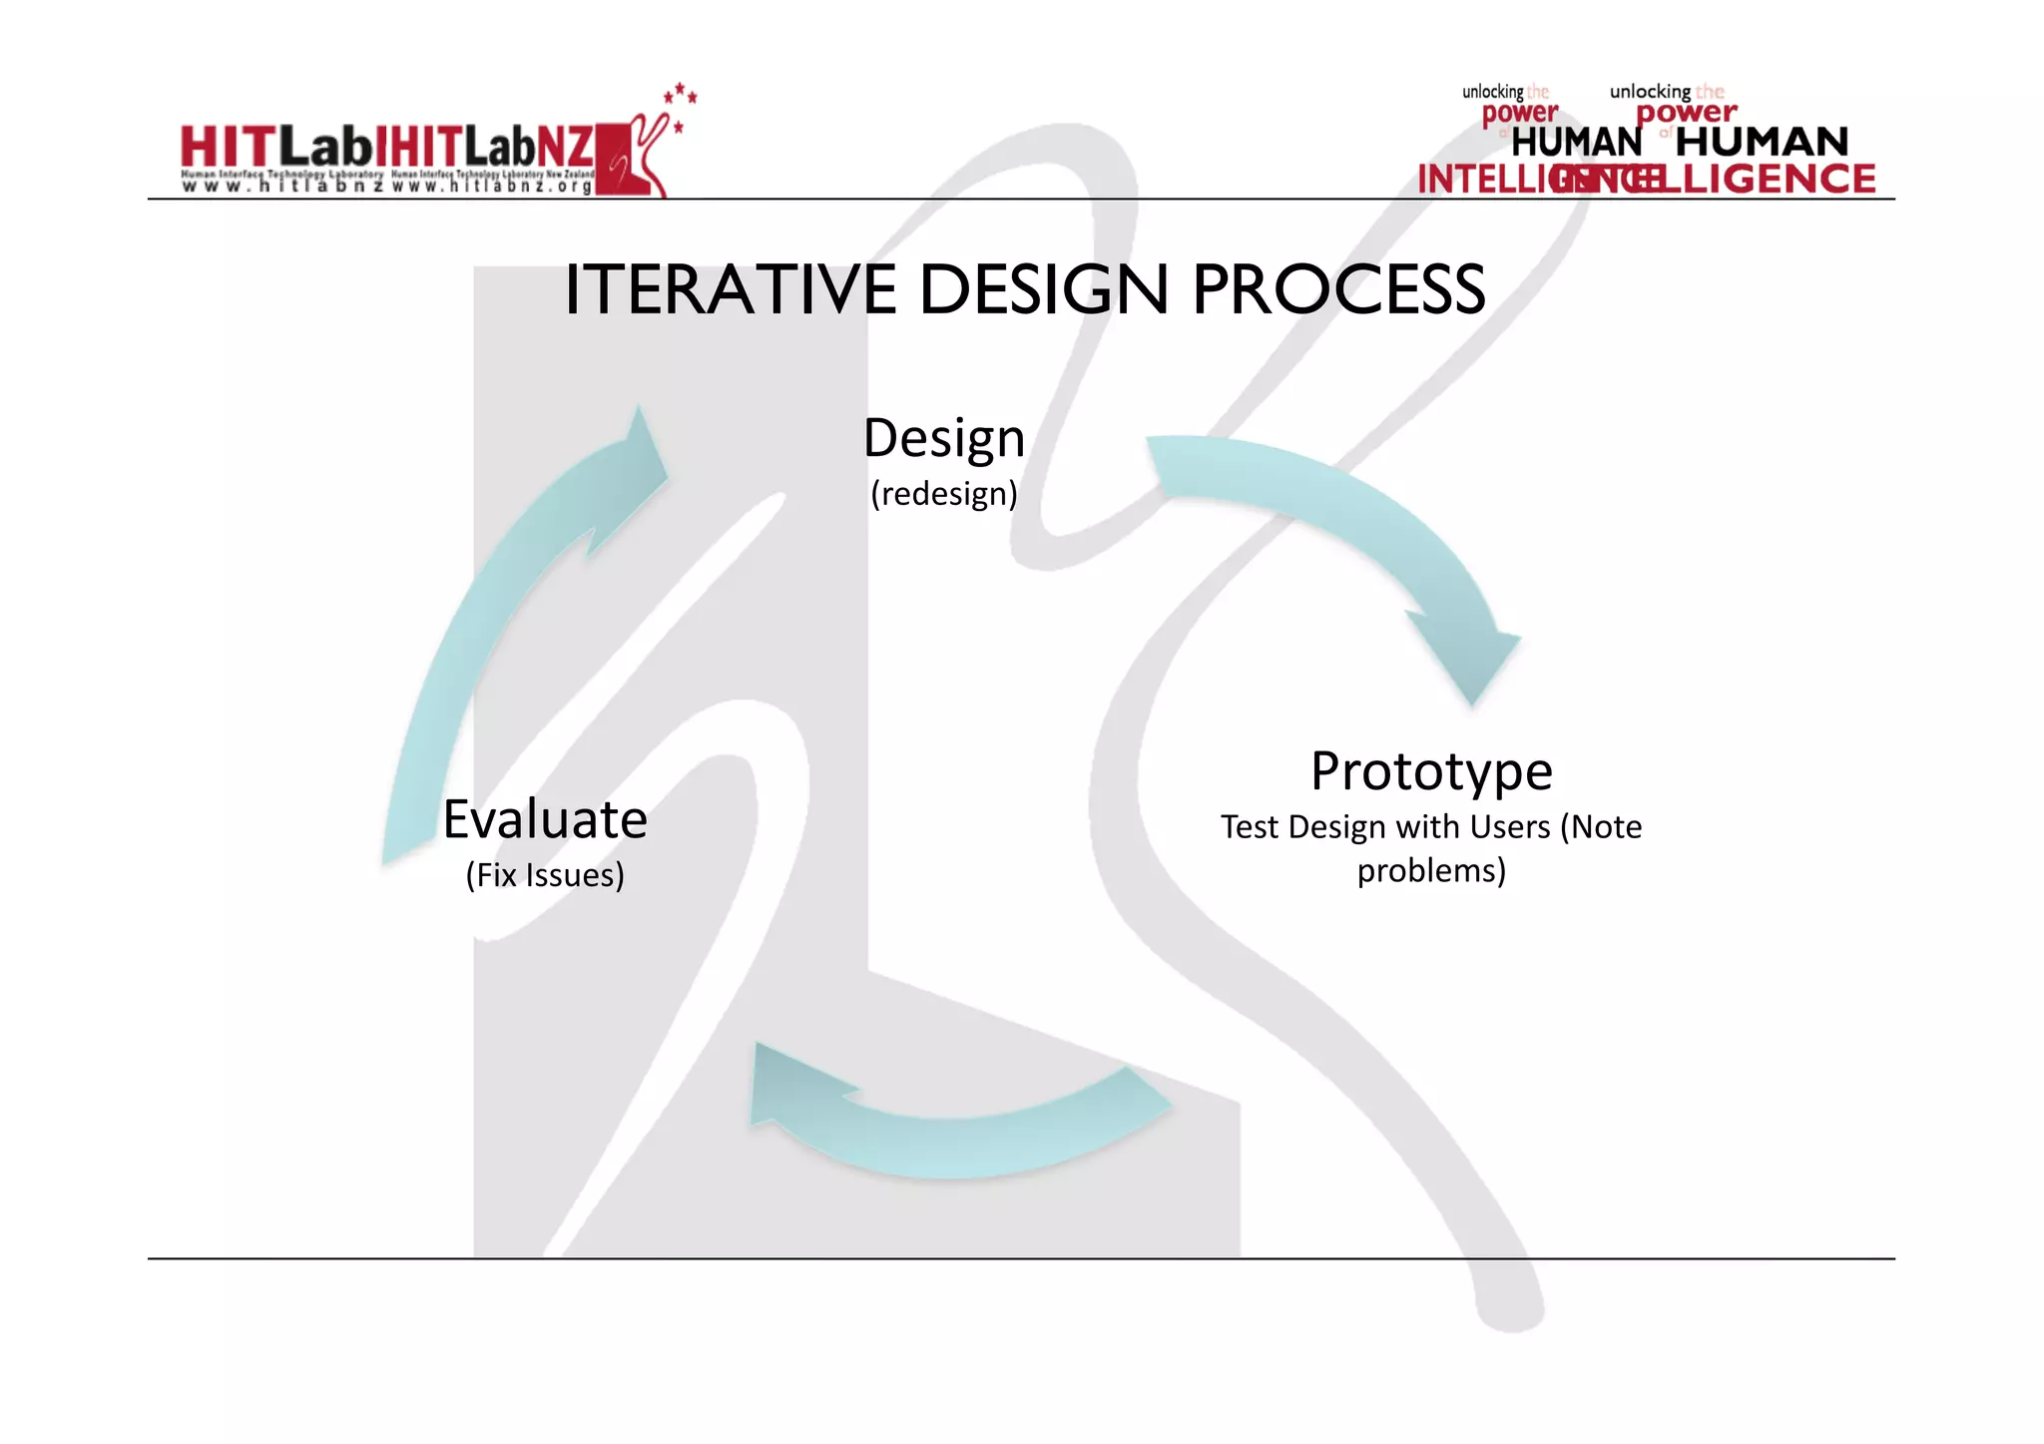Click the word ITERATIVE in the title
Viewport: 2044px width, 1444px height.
730,290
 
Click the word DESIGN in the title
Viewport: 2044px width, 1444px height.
1042,290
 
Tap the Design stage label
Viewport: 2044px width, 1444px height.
943,438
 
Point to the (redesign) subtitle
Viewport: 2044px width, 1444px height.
943,494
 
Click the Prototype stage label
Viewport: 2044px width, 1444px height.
1430,771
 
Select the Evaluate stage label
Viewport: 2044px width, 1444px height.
545,819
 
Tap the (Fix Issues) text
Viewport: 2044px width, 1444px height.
545,875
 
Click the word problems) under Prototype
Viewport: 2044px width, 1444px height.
1430,871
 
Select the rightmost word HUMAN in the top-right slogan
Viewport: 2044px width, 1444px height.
1762,142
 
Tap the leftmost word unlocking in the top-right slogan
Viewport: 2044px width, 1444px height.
1492,92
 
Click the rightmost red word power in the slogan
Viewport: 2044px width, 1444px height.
1687,114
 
